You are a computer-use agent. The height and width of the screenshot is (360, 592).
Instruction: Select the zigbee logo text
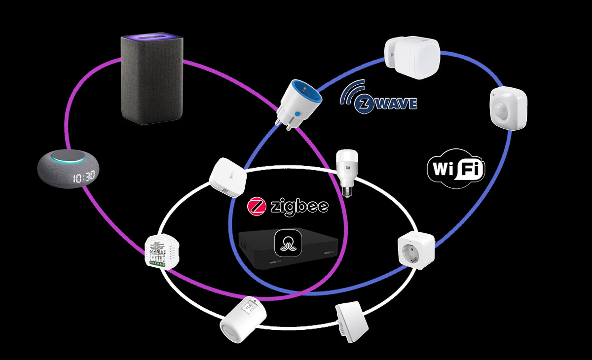click(289, 206)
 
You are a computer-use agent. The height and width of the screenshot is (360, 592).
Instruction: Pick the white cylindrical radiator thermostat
click(243, 320)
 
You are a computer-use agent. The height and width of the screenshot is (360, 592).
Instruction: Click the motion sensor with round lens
click(508, 108)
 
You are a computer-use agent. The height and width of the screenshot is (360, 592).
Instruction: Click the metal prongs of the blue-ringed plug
click(283, 123)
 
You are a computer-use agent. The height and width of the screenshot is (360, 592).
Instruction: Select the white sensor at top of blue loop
click(412, 58)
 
